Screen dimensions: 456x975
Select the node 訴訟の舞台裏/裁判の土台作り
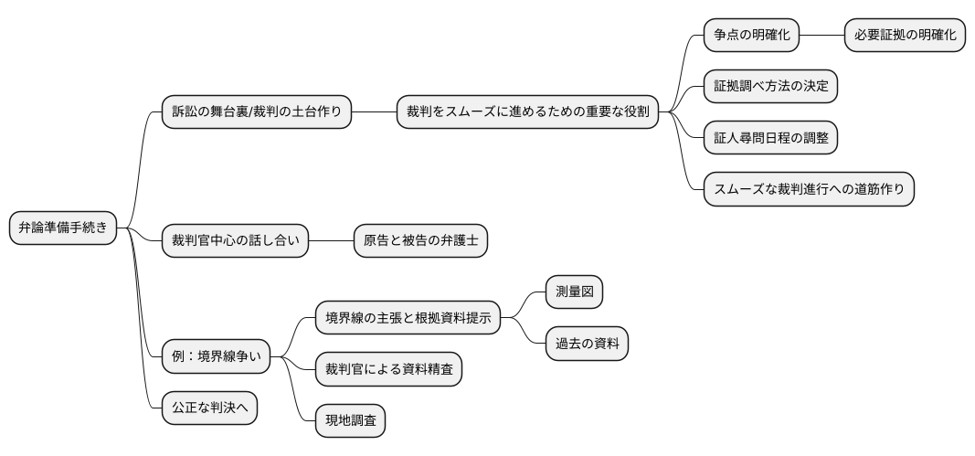[256, 112]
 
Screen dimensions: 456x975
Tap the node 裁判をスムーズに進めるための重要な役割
[527, 112]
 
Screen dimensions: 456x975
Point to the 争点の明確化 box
[751, 36]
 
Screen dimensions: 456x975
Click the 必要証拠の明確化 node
[904, 36]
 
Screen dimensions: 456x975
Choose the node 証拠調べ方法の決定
[770, 87]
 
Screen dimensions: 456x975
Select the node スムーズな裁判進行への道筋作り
[809, 189]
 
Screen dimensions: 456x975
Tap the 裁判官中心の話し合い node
[234, 241]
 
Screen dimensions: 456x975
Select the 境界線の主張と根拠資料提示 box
[408, 318]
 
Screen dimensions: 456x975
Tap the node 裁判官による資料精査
[388, 369]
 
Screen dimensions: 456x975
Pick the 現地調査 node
[350, 421]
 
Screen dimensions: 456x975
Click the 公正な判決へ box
[208, 408]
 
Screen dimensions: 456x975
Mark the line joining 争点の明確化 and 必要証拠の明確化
[821, 36]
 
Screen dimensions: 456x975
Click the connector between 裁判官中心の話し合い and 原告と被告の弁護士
[331, 241]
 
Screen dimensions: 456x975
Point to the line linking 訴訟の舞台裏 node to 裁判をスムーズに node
[374, 112]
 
